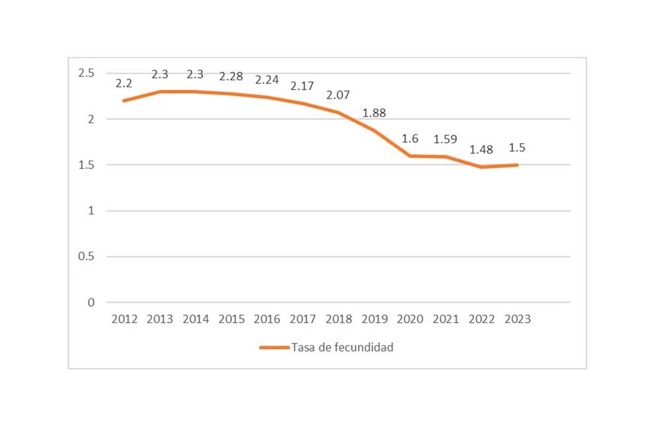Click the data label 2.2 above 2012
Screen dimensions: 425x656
pos(124,83)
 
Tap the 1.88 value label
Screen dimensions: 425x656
pos(374,113)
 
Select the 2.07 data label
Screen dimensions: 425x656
pos(339,95)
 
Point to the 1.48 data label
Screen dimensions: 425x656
pos(481,150)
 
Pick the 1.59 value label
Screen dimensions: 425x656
pos(445,140)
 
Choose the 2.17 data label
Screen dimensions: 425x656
pos(303,86)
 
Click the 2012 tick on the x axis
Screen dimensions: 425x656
pos(124,319)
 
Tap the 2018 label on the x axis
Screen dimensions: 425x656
pos(339,319)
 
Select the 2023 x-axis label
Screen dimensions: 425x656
pos(517,319)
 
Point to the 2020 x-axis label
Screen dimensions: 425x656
pos(410,319)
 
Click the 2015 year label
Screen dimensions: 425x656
pos(231,319)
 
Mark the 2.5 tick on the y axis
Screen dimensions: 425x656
pos(87,73)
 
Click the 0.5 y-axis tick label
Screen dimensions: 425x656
pos(87,257)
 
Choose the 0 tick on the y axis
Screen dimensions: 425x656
pos(91,303)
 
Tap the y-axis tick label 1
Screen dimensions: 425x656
pos(91,211)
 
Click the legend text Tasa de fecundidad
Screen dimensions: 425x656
pos(343,348)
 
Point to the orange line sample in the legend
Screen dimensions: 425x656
pos(274,348)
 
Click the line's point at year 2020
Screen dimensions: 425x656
pos(410,156)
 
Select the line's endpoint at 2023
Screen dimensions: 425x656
pos(517,165)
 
